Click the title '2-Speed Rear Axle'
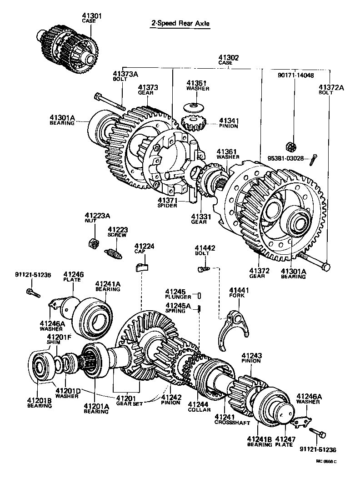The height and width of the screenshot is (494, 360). pyautogui.click(x=180, y=24)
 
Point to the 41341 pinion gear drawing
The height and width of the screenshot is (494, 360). pyautogui.click(x=194, y=122)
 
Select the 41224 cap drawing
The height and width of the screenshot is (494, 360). pyautogui.click(x=142, y=266)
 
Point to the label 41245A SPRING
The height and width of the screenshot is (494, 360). pyautogui.click(x=178, y=308)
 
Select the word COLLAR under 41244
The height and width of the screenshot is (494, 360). pyautogui.click(x=200, y=410)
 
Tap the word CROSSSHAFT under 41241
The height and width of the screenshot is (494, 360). pyautogui.click(x=232, y=422)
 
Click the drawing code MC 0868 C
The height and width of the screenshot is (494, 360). pyautogui.click(x=326, y=462)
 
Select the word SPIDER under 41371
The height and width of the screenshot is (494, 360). pyautogui.click(x=166, y=206)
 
